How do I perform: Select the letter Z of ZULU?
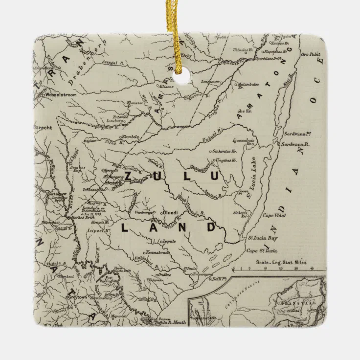(128, 176)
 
